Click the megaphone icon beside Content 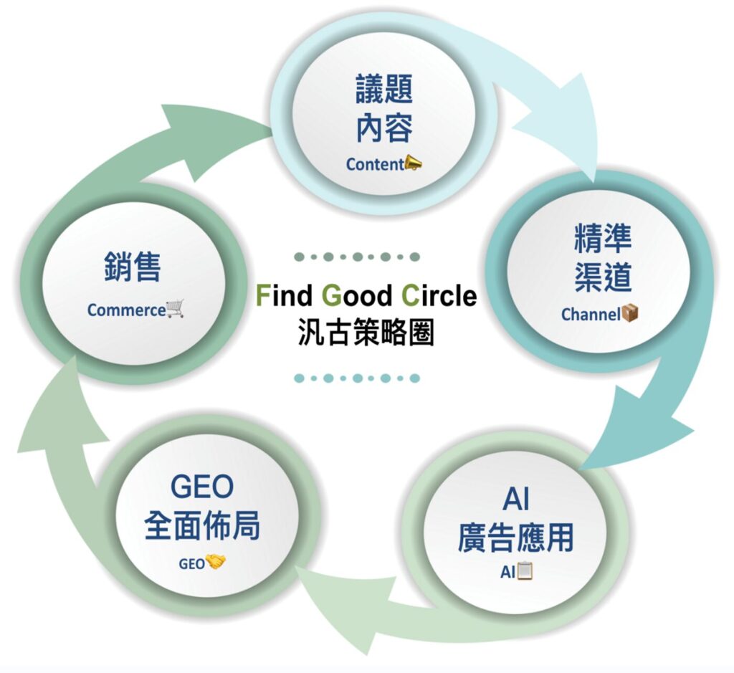click(414, 163)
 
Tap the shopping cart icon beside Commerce click(175, 309)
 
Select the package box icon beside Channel click(629, 313)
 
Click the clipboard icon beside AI click(525, 571)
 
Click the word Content click(375, 164)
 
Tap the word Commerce click(126, 310)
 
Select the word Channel click(590, 314)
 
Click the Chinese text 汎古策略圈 click(366, 333)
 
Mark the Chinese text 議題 click(384, 91)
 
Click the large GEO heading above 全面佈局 click(202, 487)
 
